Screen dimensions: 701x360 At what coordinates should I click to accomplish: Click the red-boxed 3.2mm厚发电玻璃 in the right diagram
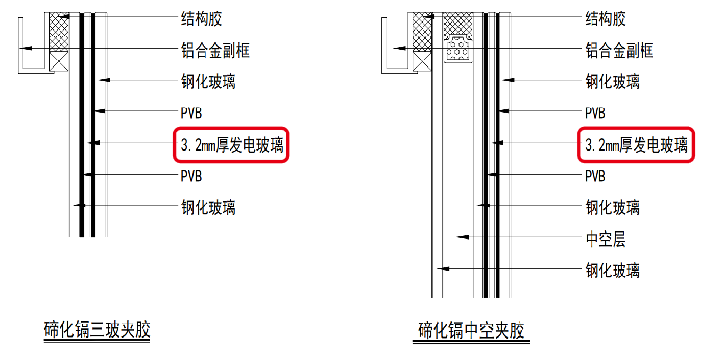click(x=636, y=145)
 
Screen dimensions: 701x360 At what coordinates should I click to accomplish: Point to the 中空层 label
click(x=605, y=237)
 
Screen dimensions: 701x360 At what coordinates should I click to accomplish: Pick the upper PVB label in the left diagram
click(x=192, y=113)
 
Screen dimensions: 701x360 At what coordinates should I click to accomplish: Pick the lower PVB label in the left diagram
click(x=192, y=176)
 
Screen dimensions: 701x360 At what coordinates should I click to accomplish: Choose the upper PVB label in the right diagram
click(x=596, y=113)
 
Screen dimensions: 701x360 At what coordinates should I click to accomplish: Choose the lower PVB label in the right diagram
click(x=596, y=176)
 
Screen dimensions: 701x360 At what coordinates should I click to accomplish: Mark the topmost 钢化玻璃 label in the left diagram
click(x=208, y=82)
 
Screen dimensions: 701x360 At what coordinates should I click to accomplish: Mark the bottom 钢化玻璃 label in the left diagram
click(x=208, y=206)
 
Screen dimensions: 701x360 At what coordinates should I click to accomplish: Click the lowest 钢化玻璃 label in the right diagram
click(x=613, y=269)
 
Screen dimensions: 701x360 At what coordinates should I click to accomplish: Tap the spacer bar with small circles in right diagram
click(x=459, y=48)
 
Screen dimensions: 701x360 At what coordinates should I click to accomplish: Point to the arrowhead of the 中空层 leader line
click(x=462, y=237)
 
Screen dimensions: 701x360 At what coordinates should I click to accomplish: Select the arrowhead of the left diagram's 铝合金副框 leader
click(x=27, y=48)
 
